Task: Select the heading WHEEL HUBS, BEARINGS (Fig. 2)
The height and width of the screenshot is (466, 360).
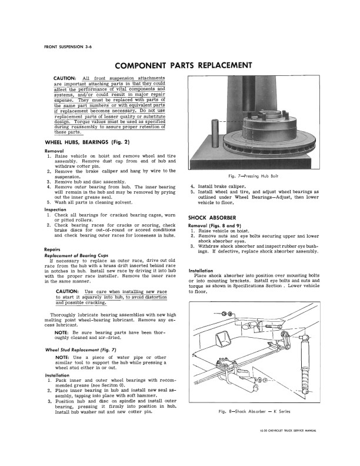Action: point(86,143)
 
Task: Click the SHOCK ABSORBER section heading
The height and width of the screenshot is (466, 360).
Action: point(212,217)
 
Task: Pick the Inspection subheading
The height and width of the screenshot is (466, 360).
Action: point(58,209)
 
